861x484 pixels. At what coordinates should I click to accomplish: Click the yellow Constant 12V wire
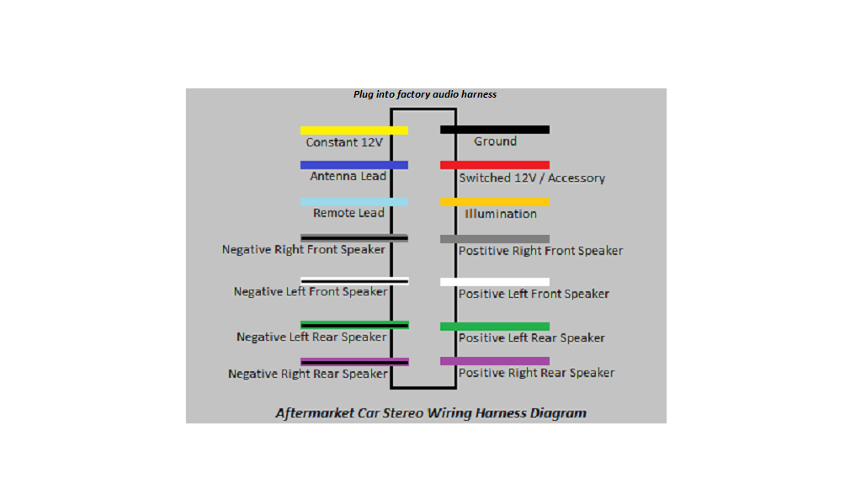coord(354,130)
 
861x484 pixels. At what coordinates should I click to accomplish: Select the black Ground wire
coord(495,130)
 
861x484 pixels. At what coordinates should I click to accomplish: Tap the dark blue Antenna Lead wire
coord(354,165)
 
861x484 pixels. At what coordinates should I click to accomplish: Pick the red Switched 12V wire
coord(495,165)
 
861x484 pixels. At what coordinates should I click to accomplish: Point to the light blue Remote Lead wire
coord(354,202)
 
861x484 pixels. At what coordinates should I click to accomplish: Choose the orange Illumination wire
coord(495,202)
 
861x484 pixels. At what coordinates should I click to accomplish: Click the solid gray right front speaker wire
coord(495,239)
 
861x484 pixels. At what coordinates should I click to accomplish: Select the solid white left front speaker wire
coord(495,282)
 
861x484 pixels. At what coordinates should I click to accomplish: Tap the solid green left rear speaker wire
coord(495,327)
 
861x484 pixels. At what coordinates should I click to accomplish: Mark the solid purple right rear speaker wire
coord(495,361)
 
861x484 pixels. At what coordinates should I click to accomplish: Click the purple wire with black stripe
coord(354,362)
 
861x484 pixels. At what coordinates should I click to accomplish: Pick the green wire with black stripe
coord(354,325)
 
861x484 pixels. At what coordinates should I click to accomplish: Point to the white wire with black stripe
coord(354,281)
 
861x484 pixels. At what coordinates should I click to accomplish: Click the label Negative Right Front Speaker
coord(304,250)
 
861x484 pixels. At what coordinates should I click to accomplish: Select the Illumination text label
coord(501,214)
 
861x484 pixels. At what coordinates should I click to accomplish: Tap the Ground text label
coord(495,141)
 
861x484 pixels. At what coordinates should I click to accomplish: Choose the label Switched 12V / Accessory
coord(532,178)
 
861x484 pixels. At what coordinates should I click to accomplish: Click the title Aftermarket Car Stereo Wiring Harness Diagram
coord(431,413)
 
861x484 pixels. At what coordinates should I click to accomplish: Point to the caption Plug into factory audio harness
coord(425,94)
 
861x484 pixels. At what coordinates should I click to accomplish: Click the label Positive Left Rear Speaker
coord(532,338)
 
